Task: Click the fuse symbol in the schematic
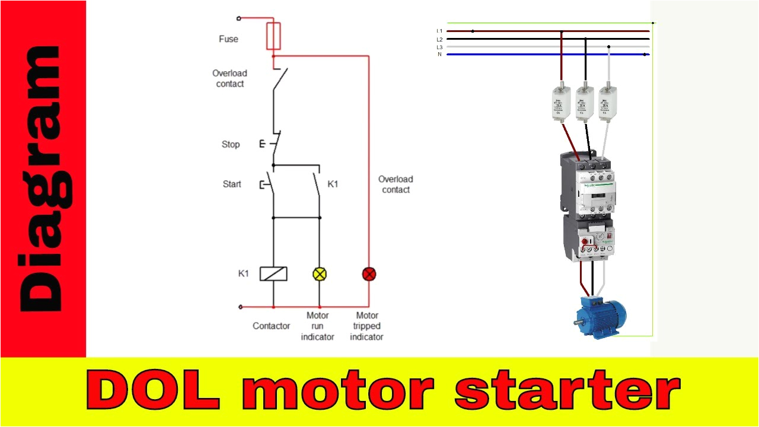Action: (273, 36)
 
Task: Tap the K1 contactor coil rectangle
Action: (273, 274)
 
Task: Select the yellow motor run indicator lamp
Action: (320, 274)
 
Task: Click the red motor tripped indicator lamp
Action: (369, 274)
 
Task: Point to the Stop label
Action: (231, 144)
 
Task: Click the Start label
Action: (232, 184)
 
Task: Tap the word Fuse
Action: (228, 39)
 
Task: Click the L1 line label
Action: (439, 31)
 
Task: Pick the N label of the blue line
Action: (439, 55)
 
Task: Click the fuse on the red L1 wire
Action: (561, 104)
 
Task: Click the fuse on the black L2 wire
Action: (585, 104)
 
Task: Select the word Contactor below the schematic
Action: (271, 326)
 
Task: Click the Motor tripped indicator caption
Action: (366, 326)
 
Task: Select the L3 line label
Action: (439, 47)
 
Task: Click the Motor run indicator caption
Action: (317, 326)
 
